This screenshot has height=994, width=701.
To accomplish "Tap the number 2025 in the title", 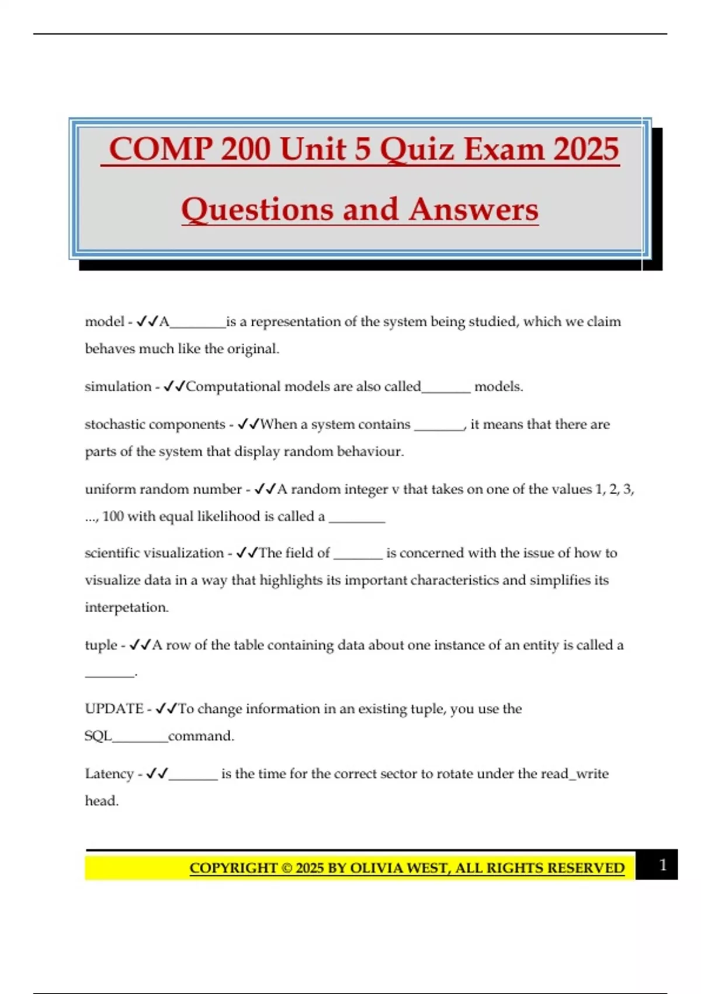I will tap(586, 149).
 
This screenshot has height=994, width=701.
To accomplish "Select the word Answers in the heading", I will tap(473, 209).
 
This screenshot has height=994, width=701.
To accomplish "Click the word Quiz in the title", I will tap(417, 149).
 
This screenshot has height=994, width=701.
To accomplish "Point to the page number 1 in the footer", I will tap(662, 865).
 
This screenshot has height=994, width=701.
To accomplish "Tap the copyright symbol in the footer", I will tap(286, 868).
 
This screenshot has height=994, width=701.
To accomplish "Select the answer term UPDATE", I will tap(114, 709).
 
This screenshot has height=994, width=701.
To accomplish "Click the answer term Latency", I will tap(109, 774).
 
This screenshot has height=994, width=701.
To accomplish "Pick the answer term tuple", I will tap(101, 645).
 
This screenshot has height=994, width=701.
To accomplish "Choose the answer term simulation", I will tap(118, 386).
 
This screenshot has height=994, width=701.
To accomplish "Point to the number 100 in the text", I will tap(113, 516).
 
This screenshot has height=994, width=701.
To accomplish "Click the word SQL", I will tap(98, 736).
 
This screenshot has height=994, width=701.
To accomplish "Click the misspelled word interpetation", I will tap(126, 608).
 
